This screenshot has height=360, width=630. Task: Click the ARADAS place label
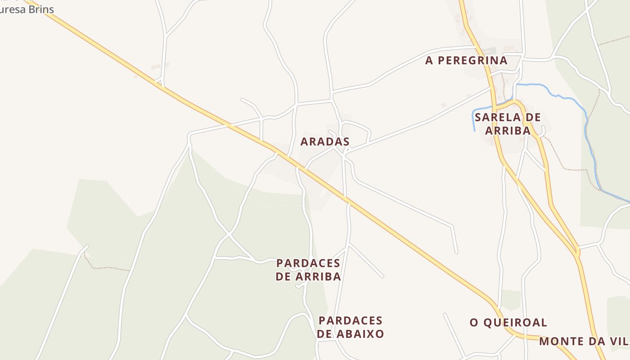pos(325,141)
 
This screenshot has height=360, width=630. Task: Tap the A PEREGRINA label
pos(466,60)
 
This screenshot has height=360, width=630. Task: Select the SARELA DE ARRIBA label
pos(508,124)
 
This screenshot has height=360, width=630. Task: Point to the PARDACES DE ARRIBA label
pos(308,270)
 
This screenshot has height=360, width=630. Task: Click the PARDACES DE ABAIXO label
pos(351,327)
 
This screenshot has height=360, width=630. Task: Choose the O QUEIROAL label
pos(508,323)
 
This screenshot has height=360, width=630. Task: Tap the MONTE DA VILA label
pos(584,341)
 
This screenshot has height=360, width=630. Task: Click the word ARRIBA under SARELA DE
pos(508,131)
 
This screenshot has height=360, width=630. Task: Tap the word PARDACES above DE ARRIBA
pos(308,263)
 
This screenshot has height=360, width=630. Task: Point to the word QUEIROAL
pos(515,323)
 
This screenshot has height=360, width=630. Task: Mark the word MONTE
pos(561,341)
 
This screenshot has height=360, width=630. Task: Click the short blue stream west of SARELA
pos(474,118)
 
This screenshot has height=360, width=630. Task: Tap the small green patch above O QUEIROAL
pos(511,300)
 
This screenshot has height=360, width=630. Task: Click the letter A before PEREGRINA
pos(429,60)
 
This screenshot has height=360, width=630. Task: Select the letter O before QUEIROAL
pos(474,323)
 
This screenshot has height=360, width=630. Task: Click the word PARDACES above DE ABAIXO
pos(351,320)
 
